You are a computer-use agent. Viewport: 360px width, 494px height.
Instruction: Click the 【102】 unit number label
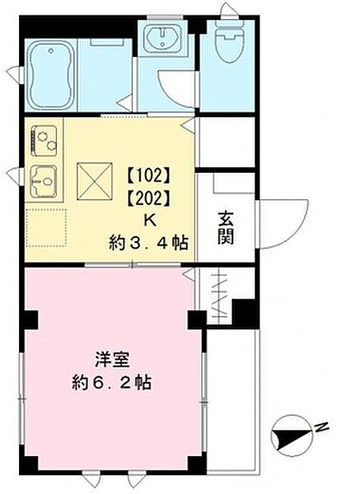pyautogui.click(x=148, y=175)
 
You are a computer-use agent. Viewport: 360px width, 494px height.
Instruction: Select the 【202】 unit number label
pyautogui.click(x=148, y=198)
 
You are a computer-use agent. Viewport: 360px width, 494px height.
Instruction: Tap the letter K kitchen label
pyautogui.click(x=149, y=220)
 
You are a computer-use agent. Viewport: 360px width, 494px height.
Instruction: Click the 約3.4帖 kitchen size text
pyautogui.click(x=148, y=242)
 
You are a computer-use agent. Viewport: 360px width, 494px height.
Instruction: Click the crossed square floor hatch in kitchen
pyautogui.click(x=91, y=177)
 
